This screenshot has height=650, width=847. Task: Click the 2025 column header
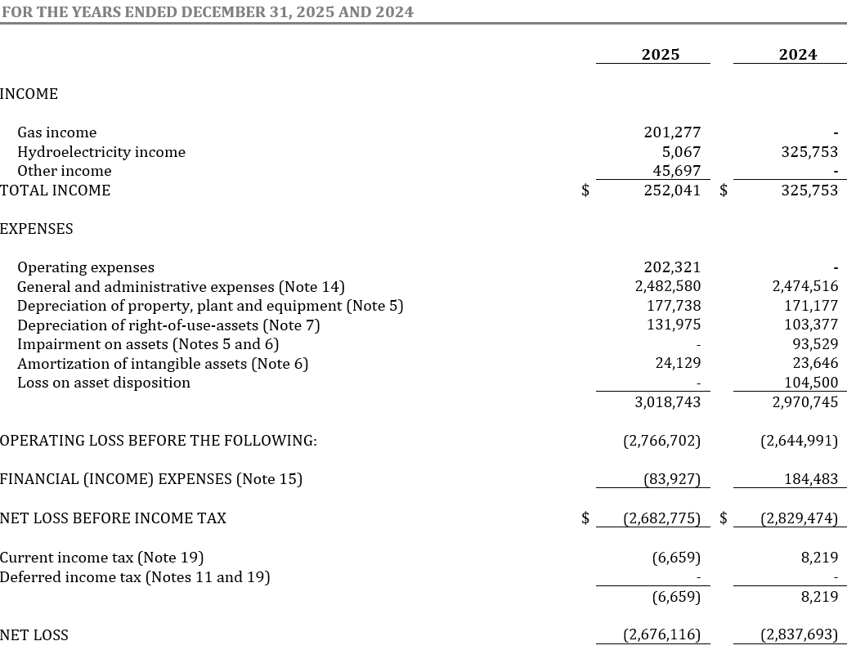pos(660,55)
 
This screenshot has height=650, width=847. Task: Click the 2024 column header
pos(797,55)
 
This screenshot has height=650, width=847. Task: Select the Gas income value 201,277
pos(672,132)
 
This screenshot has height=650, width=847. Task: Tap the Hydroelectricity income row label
pos(101,152)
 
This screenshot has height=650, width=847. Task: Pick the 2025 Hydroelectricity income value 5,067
pos(683,152)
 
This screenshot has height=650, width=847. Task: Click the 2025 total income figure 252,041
pos(672,191)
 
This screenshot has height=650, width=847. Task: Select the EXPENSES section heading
pos(37,229)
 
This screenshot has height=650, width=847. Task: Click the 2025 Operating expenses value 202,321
pos(672,267)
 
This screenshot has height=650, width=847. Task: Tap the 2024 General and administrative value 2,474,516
pos(804,287)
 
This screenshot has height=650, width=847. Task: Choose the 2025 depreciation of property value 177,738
pos(672,306)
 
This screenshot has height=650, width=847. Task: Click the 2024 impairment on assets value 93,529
pos(815,344)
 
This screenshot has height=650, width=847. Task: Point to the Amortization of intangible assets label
pos(163,364)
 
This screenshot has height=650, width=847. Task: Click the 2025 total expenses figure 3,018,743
pos(667,402)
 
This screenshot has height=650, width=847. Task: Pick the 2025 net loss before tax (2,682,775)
pos(661,518)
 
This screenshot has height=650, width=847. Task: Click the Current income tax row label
pos(101,558)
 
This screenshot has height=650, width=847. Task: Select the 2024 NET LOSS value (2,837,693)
pos(799,635)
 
